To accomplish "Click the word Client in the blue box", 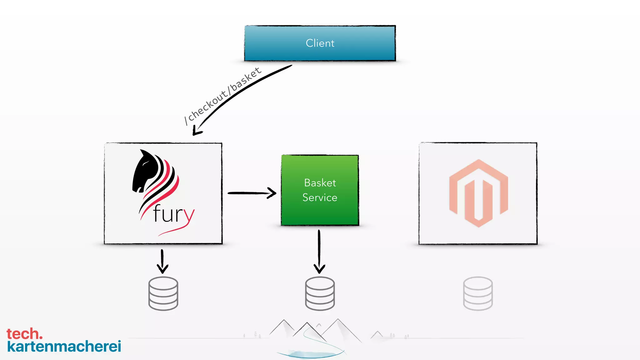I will tap(320, 43).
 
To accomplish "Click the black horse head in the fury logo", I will tap(144, 172).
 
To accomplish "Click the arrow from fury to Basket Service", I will tap(252, 193).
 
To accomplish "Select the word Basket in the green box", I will tap(320, 183).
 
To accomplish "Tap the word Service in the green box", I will tap(320, 197).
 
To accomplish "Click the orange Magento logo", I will tap(478, 193).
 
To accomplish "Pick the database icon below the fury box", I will tap(163, 293).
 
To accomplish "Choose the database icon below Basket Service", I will tap(320, 293).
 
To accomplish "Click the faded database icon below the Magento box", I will tap(477, 293).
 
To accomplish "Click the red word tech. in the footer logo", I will tap(24, 334).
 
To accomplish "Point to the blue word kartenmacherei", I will tap(64, 347).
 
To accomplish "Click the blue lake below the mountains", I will tap(309, 354).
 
